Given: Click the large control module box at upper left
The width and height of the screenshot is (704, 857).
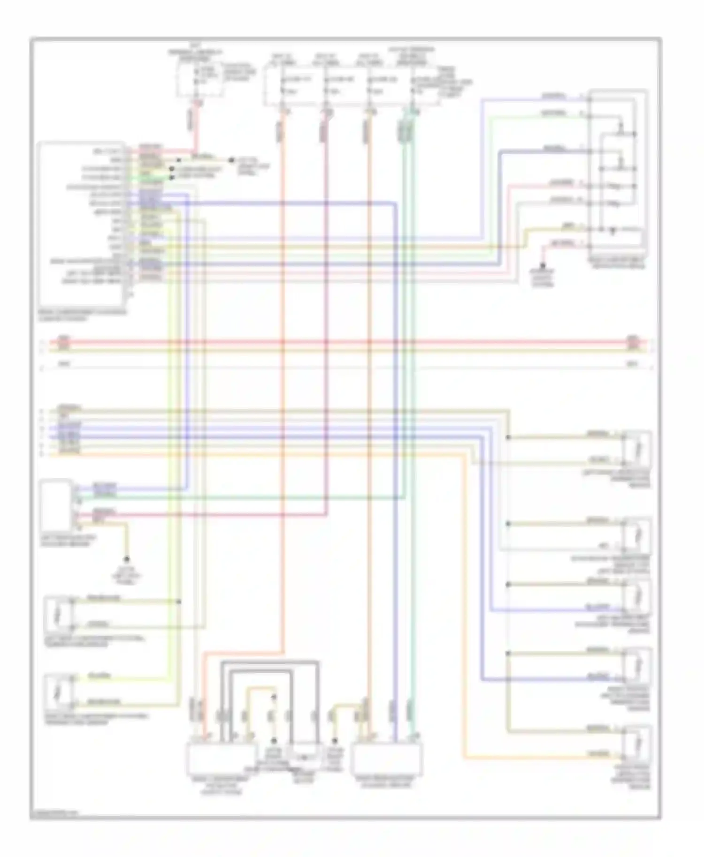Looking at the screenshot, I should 82,223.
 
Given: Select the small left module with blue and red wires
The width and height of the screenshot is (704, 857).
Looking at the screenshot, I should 56,504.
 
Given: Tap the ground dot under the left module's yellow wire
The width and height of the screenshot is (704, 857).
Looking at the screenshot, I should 126,559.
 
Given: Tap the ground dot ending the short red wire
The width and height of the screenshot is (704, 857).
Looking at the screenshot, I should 543,265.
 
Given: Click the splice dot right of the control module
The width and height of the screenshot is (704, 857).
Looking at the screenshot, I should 231,160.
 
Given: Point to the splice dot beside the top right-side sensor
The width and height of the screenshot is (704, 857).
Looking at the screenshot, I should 508,438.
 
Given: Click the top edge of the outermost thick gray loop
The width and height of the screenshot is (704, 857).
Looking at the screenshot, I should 270,662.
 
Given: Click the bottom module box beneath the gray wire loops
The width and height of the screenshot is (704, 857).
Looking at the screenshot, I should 222,759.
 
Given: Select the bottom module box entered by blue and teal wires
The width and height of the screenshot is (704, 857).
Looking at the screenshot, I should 388,759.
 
